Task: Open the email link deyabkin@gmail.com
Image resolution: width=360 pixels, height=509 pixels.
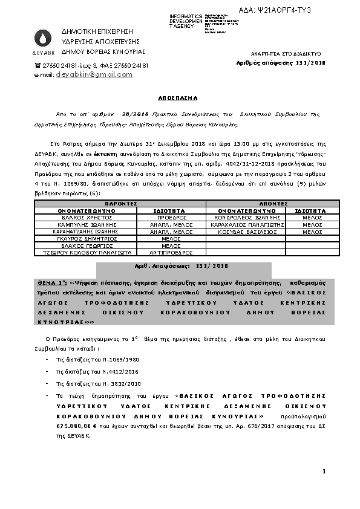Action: [94, 74]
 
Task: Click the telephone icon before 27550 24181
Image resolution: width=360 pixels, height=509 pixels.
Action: [38, 65]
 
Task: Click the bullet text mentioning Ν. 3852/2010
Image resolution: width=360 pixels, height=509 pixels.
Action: [85, 383]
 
